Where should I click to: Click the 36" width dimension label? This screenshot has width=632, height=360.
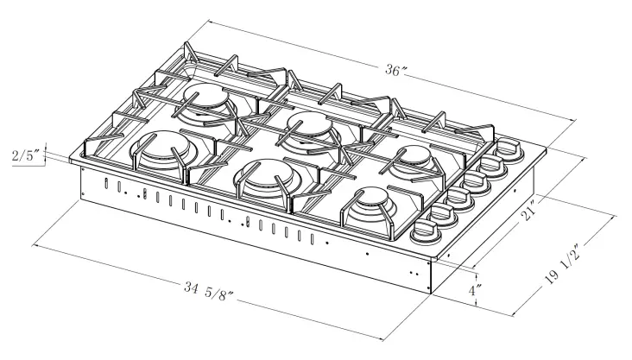coord(396,71)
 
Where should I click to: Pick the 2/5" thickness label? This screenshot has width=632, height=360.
coord(26,156)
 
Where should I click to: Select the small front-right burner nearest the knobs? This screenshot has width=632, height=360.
coord(372,204)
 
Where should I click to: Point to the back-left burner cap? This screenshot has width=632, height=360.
coord(210,99)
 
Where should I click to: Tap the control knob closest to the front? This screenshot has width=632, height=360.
coord(426,231)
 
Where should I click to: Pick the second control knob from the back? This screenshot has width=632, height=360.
coord(496,166)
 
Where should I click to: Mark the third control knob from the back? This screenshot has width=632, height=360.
coord(479,181)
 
